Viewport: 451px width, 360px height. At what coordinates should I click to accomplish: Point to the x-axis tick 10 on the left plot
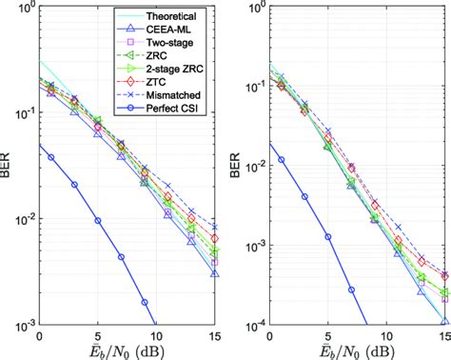click(x=157, y=335)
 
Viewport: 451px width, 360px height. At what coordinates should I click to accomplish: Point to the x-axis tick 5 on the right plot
click(x=327, y=335)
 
